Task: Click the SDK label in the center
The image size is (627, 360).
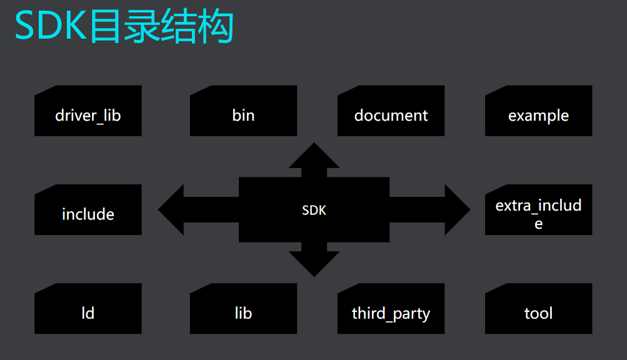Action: coord(314,211)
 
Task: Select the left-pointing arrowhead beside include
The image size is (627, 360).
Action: coord(172,210)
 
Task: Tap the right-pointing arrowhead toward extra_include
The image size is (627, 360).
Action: coord(456,210)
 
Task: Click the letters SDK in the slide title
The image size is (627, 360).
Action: coord(50,27)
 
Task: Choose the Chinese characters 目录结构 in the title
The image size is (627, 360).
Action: coord(161,27)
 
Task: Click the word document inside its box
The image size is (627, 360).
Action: coord(391,116)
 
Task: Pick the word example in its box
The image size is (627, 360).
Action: coord(538,116)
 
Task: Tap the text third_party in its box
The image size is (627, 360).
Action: coord(391,314)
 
